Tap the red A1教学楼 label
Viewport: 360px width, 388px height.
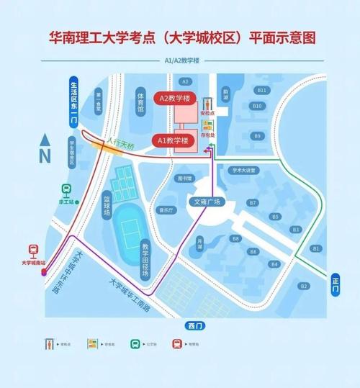click(x=174, y=140)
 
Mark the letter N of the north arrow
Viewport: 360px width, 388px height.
click(x=44, y=154)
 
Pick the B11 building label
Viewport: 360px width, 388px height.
click(x=263, y=90)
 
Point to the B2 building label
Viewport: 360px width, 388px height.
click(x=305, y=286)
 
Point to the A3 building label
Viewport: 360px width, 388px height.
click(x=185, y=81)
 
